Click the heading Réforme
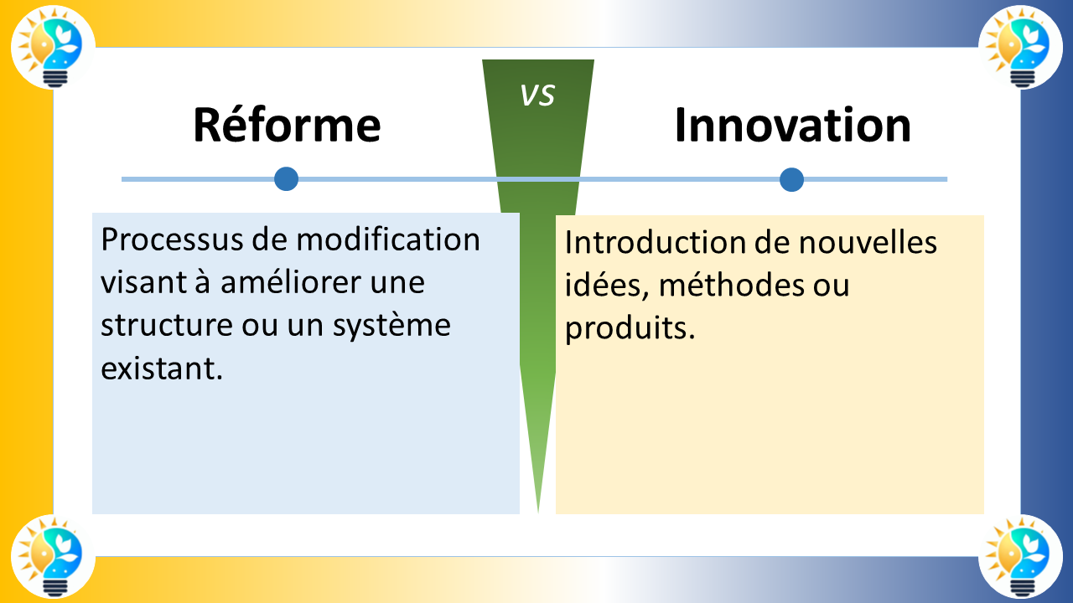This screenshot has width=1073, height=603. [287, 125]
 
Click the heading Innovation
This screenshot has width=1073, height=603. [792, 125]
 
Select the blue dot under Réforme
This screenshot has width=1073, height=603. [287, 179]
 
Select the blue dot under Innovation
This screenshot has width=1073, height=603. [791, 179]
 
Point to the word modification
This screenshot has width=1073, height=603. [388, 240]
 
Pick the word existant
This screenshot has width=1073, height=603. [161, 368]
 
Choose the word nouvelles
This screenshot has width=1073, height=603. [867, 243]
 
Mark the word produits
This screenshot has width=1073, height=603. [630, 328]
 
